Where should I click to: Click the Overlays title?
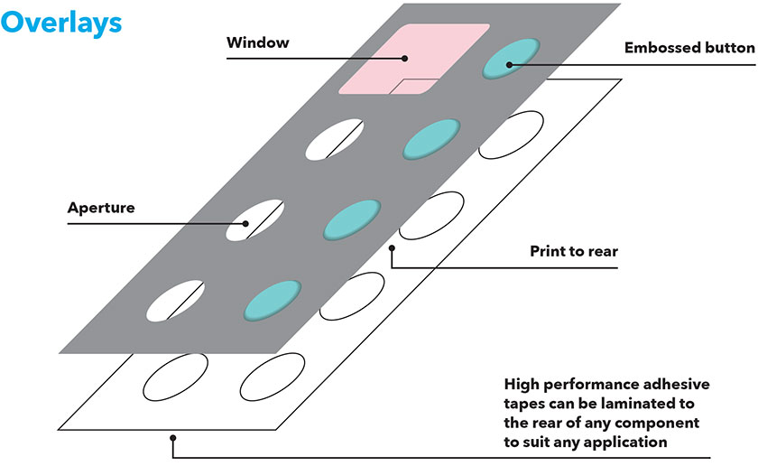click(60, 22)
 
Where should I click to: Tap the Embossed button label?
click(689, 47)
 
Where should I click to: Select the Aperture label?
click(101, 208)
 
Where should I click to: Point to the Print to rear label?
click(574, 251)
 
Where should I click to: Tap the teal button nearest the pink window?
click(511, 58)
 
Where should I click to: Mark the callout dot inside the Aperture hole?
click(245, 222)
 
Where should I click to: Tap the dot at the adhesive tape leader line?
click(172, 439)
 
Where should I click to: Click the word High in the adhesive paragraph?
click(523, 383)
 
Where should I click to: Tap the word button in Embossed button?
click(726, 47)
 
